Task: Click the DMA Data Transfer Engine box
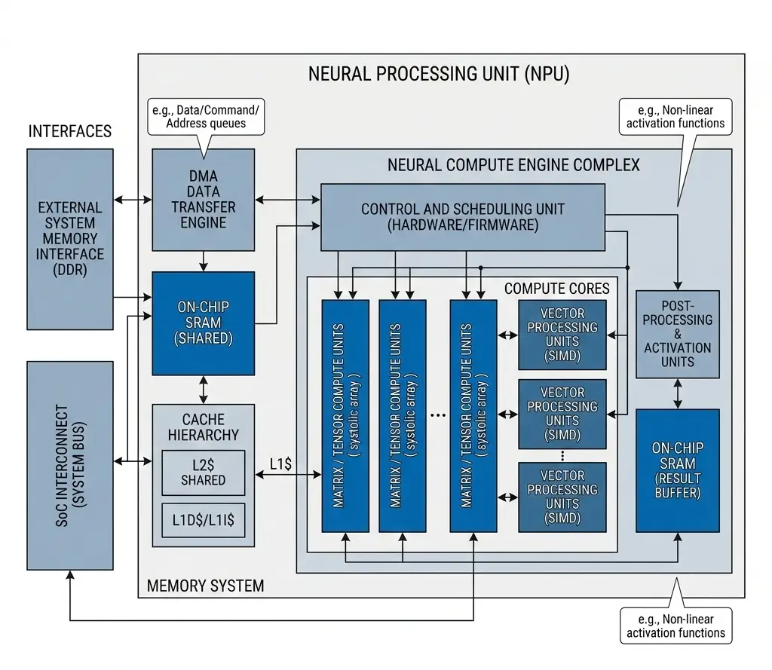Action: (x=203, y=200)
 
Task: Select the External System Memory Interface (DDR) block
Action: (x=70, y=238)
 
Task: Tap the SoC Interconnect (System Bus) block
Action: (x=70, y=465)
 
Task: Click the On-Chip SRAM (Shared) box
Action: (x=203, y=323)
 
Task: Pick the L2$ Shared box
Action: (x=203, y=473)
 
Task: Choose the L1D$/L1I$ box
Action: (x=203, y=520)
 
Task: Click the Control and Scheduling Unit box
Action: (x=462, y=217)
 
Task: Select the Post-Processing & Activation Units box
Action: (x=677, y=334)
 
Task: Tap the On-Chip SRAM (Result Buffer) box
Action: (x=677, y=470)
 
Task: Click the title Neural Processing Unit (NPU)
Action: (x=439, y=75)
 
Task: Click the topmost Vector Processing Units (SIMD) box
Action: (x=562, y=335)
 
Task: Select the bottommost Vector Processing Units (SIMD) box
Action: (x=562, y=497)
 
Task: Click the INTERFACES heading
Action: (x=70, y=132)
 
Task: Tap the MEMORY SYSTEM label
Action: (x=205, y=585)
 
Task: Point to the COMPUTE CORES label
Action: (x=556, y=288)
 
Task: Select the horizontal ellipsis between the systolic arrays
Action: (x=437, y=415)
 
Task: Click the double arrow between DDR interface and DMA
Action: (x=133, y=200)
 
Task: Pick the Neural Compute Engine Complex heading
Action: (x=513, y=164)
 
